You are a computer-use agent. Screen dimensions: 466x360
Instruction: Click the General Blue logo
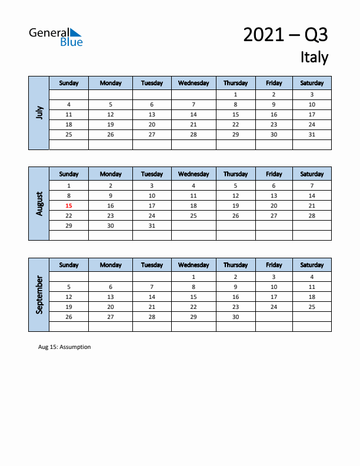point(56,36)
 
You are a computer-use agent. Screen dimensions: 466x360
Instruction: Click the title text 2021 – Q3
point(285,35)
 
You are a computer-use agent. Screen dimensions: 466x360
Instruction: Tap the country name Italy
point(314,57)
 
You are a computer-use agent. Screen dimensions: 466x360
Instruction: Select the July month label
point(39,112)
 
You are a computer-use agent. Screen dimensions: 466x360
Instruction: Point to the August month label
point(39,204)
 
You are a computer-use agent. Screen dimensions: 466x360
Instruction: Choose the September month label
point(39,295)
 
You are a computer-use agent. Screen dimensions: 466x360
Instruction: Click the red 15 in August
point(69,206)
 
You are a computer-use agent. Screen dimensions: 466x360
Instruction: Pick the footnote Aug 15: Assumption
point(65,347)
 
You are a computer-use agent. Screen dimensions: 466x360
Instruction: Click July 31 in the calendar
point(312,134)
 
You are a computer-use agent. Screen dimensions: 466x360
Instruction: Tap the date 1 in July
point(235,94)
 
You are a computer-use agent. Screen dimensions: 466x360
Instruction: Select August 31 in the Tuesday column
point(152,226)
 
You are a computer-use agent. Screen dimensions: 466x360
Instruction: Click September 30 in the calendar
point(235,317)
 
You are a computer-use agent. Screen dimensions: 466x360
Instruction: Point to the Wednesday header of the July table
point(194,83)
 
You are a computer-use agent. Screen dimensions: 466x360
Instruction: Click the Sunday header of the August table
point(69,174)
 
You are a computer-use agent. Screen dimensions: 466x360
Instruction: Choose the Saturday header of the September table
point(312,265)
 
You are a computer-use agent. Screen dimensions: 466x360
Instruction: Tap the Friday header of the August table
point(274,174)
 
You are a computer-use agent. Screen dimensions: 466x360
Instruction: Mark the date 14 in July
point(194,115)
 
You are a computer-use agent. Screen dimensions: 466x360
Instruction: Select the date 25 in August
point(194,216)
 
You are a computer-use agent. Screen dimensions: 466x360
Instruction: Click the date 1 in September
point(194,277)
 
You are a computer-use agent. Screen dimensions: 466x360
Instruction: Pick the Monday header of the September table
point(111,265)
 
